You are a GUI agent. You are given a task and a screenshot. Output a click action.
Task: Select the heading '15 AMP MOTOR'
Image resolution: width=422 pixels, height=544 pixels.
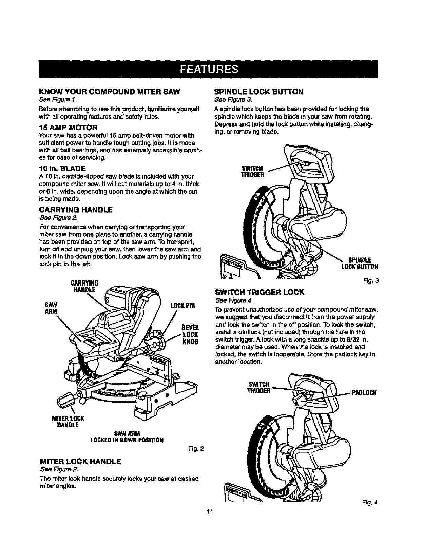tap(69, 127)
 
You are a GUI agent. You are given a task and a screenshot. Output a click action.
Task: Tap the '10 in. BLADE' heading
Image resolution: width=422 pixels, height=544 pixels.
tap(62, 168)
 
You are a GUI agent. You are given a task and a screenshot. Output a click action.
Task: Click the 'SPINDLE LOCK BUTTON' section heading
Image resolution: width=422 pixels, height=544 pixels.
tap(259, 92)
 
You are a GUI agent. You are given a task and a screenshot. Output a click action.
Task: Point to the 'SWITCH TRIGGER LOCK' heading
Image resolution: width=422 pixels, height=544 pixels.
tap(260, 292)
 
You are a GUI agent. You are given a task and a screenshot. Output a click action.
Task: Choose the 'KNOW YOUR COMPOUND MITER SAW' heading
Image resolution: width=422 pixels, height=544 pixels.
tap(109, 92)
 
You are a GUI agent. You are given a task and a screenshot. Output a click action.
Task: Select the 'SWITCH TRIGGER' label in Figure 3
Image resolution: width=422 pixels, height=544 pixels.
tap(252, 172)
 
